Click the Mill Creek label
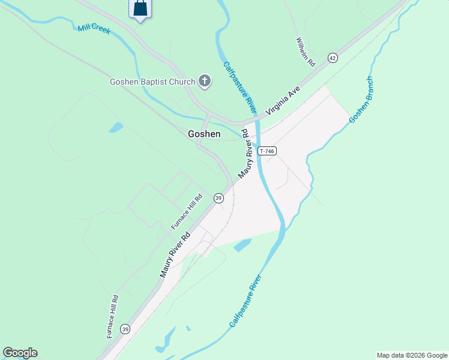(x=94, y=28)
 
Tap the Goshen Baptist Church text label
(x=152, y=82)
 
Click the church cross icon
(x=205, y=81)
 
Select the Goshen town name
(x=204, y=134)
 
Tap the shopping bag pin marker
(x=140, y=8)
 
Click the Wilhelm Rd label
(x=306, y=52)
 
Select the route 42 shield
(x=333, y=58)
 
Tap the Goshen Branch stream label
(x=361, y=100)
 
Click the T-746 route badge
(x=267, y=152)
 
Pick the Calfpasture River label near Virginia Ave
(x=240, y=88)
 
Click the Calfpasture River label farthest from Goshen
(x=246, y=301)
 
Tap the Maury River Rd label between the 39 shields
(x=174, y=254)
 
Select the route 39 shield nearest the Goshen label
(x=218, y=198)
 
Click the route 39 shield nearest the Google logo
(x=125, y=329)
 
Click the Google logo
(x=20, y=353)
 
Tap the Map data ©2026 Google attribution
(x=412, y=355)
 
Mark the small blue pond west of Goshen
(x=116, y=127)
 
